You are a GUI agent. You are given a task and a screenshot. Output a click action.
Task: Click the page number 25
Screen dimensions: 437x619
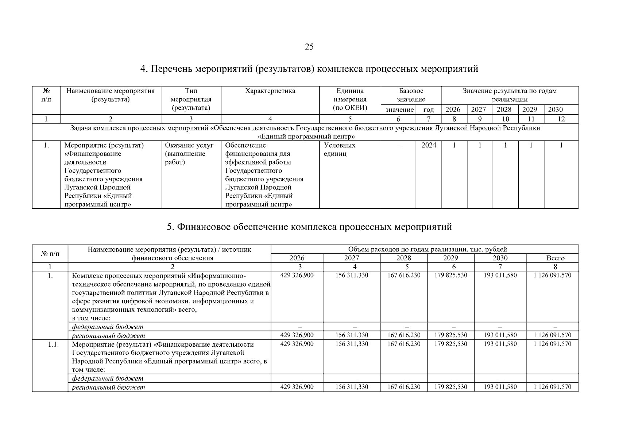pyautogui.click(x=309, y=47)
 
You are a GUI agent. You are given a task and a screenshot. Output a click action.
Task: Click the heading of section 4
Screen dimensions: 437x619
pyautogui.click(x=309, y=68)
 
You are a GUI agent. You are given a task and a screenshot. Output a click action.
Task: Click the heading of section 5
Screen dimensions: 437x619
pyautogui.click(x=309, y=227)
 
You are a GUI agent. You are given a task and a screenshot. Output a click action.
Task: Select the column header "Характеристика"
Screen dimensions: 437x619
pyautogui.click(x=270, y=91)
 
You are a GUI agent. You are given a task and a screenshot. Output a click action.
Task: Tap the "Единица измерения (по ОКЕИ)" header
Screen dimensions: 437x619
pyautogui.click(x=350, y=99)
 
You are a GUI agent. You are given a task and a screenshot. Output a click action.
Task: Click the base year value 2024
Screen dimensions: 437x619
pyautogui.click(x=429, y=145)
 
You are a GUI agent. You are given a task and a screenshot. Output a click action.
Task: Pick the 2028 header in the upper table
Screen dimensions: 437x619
pyautogui.click(x=505, y=110)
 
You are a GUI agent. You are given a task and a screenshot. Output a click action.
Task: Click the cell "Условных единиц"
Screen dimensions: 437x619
pyautogui.click(x=340, y=149)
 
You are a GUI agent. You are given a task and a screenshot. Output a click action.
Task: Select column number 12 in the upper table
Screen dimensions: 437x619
pyautogui.click(x=561, y=119)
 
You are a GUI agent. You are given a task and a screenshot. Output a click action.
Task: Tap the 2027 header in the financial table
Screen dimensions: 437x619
pyautogui.click(x=351, y=258)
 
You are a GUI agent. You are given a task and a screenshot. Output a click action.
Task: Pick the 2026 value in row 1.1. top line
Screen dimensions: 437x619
pyautogui.click(x=297, y=344)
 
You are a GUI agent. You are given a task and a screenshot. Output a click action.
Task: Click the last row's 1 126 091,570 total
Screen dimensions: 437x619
pyautogui.click(x=552, y=387)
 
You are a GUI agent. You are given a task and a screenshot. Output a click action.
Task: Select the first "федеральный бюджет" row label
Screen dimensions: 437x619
pyautogui.click(x=108, y=327)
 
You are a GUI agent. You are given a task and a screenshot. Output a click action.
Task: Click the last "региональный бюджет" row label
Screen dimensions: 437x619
pyautogui.click(x=108, y=387)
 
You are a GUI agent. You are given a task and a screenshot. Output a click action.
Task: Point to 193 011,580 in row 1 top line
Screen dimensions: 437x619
pyautogui.click(x=500, y=275)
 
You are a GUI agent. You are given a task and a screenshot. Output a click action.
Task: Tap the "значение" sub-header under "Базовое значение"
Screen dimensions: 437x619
pyautogui.click(x=399, y=110)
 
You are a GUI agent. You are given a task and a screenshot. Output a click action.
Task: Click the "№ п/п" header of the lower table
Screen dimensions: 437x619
pyautogui.click(x=50, y=253)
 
